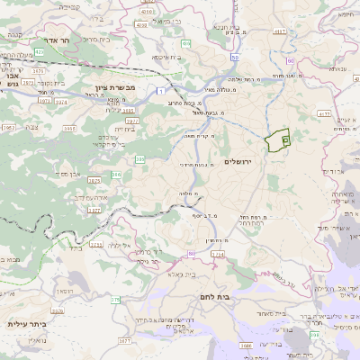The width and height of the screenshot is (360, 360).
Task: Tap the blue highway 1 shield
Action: pos(159,91)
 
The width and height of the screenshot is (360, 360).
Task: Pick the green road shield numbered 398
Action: pos(314,335)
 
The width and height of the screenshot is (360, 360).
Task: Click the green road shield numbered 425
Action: pos(185,42)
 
